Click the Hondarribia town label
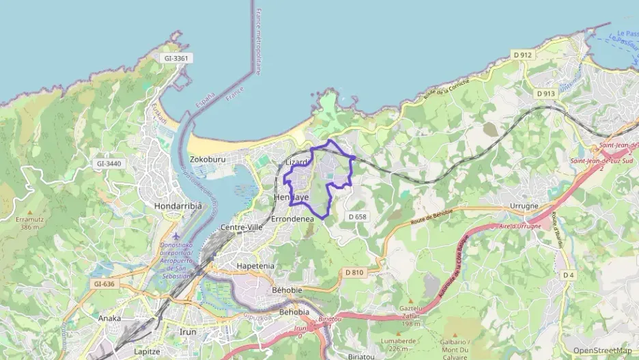pos(160,206)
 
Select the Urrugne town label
pos(524,206)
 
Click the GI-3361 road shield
pos(175,58)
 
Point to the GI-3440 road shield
pos(109,163)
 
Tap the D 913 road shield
pos(545,94)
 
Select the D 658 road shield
pos(357,217)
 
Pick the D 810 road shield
pos(354,272)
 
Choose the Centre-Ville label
pos(242,227)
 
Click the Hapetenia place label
pos(255,266)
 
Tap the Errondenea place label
pos(292,219)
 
